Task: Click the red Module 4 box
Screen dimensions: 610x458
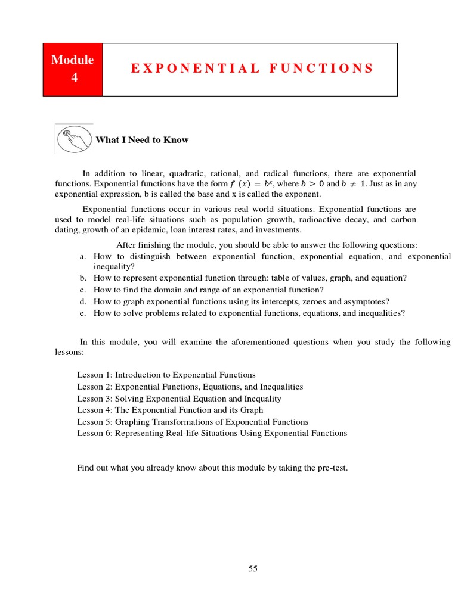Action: tap(73, 69)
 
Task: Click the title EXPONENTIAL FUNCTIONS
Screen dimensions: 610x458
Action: tap(252, 69)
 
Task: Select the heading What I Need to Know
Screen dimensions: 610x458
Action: tap(142, 140)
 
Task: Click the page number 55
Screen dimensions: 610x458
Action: tap(253, 569)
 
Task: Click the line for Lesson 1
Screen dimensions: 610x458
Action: tap(166, 375)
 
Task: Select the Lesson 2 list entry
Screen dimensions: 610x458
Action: tap(190, 387)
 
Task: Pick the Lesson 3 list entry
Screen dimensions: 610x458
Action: tap(179, 399)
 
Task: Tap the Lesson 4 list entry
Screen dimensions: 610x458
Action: tap(170, 410)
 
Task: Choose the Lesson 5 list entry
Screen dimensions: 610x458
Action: tap(193, 422)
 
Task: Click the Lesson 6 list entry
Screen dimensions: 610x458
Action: tap(212, 433)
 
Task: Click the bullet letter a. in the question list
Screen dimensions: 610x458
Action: tap(83, 256)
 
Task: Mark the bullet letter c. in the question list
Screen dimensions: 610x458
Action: tap(83, 290)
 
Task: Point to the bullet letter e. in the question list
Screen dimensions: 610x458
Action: tap(83, 313)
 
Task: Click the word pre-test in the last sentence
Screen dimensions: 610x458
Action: tap(332, 468)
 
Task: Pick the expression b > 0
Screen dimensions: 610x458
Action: tap(312, 184)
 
